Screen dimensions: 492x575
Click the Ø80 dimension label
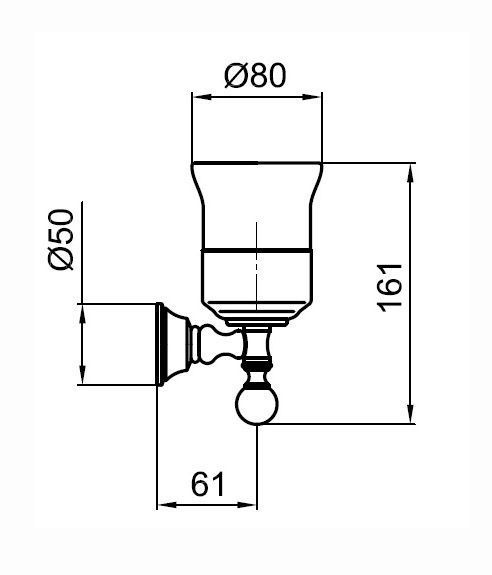pyautogui.click(x=255, y=76)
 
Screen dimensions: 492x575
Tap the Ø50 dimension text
pyautogui.click(x=61, y=239)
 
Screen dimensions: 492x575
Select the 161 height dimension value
pyautogui.click(x=390, y=288)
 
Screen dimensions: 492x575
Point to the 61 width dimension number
pyautogui.click(x=208, y=484)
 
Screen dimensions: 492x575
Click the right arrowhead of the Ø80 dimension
pyautogui.click(x=312, y=97)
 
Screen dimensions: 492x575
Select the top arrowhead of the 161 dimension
pyautogui.click(x=411, y=173)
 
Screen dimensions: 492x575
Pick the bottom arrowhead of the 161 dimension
pyautogui.click(x=411, y=413)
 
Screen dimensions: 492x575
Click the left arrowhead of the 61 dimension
pyautogui.click(x=167, y=505)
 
